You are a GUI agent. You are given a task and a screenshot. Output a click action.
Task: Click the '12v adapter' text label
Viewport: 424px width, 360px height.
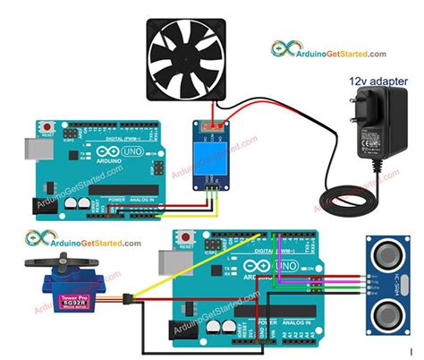click(378, 81)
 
